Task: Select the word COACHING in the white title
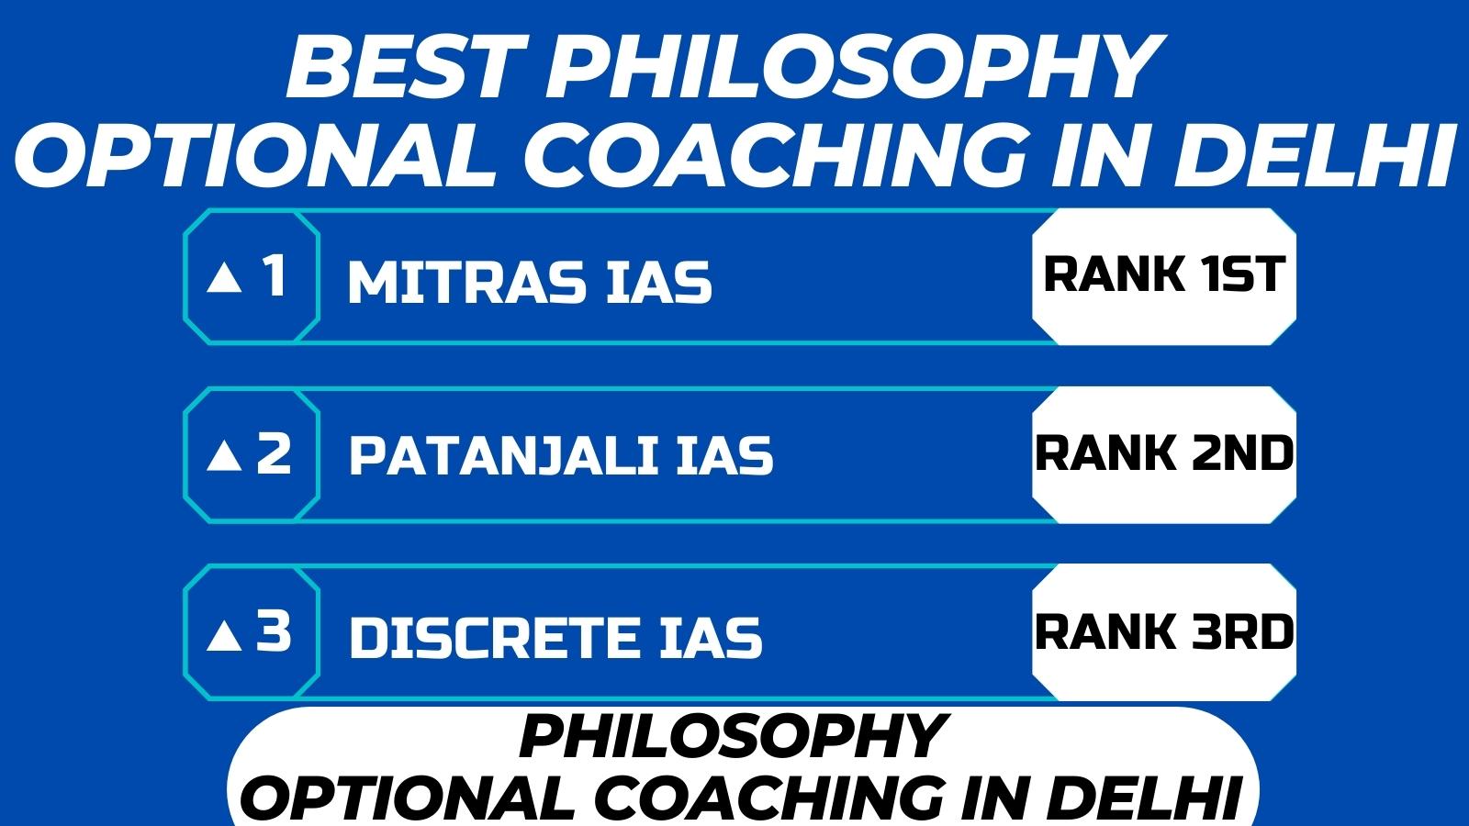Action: coord(774,156)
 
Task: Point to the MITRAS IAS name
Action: coord(530,282)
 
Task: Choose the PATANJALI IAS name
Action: coord(561,455)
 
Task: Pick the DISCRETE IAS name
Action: coord(556,637)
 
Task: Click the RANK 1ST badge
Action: coord(1164,276)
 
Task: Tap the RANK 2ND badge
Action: coord(1164,454)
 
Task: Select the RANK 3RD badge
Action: coord(1164,632)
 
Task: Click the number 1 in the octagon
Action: coord(275,275)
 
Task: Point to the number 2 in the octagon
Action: coord(274,453)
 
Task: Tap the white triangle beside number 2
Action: coord(224,456)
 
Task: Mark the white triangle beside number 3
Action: coord(224,636)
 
